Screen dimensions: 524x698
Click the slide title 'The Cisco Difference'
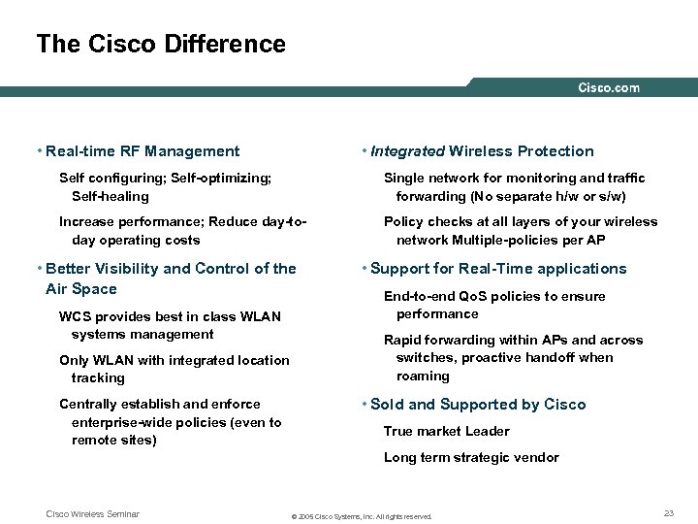coord(161,44)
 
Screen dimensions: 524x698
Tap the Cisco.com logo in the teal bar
coord(609,88)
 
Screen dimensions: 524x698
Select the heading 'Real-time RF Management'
coord(143,150)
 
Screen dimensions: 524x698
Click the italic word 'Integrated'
coord(405,150)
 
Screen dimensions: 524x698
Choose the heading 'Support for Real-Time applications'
coord(498,269)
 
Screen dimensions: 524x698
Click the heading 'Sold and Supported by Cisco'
coord(478,405)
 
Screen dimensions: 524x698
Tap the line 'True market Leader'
coord(446,431)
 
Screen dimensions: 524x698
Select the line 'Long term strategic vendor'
coord(471,457)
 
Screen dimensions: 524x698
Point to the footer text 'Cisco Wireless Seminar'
coord(93,514)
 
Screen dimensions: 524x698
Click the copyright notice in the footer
coord(362,516)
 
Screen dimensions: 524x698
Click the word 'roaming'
coord(423,376)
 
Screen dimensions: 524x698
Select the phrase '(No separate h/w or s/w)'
coord(555,195)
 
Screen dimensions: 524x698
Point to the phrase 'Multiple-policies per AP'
coord(547,239)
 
